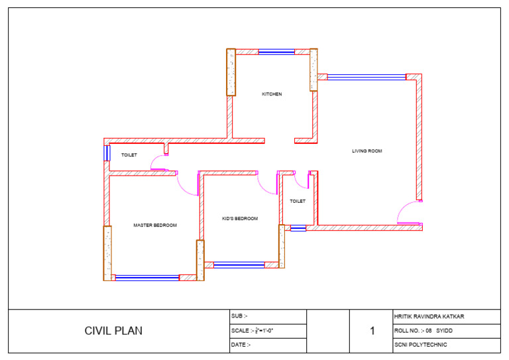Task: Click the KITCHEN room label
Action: click(x=272, y=94)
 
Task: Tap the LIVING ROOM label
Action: click(x=367, y=151)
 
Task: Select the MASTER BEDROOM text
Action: click(x=155, y=225)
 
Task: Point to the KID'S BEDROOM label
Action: click(x=240, y=218)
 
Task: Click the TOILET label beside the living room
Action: click(x=298, y=201)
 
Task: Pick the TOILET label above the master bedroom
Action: click(x=129, y=155)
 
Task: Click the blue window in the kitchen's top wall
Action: click(x=276, y=52)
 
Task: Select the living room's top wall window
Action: click(x=367, y=77)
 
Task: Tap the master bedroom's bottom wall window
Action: click(x=147, y=278)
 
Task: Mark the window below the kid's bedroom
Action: click(x=239, y=265)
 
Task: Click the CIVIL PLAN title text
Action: click(x=113, y=331)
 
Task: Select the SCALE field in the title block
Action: click(x=253, y=330)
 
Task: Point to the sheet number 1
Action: click(x=372, y=331)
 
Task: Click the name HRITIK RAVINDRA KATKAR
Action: click(x=429, y=316)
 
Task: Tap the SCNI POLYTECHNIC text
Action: click(x=420, y=345)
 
